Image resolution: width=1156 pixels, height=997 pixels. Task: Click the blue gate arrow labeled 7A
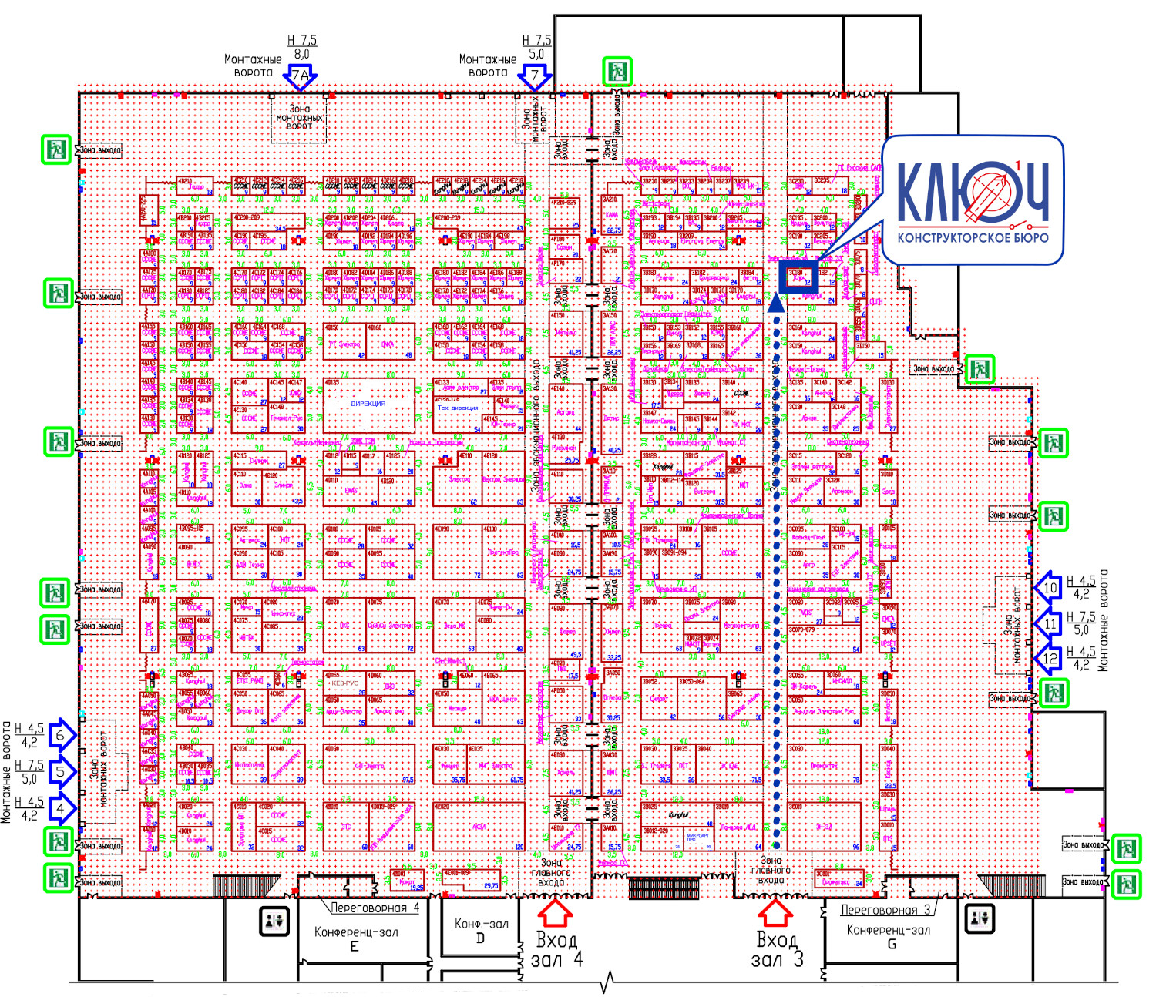pyautogui.click(x=300, y=76)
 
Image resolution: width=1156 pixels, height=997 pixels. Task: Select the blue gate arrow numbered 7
pyautogui.click(x=535, y=76)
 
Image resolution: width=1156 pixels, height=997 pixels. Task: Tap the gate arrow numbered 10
pyautogui.click(x=1049, y=588)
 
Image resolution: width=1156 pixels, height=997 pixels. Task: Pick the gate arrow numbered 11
pyautogui.click(x=1049, y=623)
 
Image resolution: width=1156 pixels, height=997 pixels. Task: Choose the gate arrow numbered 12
pyautogui.click(x=1049, y=659)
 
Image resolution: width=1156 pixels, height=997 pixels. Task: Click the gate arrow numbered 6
pyautogui.click(x=62, y=734)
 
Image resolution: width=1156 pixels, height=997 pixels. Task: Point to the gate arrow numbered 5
pyautogui.click(x=62, y=771)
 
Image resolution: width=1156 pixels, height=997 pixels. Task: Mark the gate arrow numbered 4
pyautogui.click(x=62, y=808)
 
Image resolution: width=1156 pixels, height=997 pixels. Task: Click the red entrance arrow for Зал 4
pyautogui.click(x=554, y=913)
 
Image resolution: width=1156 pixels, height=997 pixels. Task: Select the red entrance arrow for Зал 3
pyautogui.click(x=775, y=913)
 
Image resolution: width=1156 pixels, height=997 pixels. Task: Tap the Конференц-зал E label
pyautogui.click(x=356, y=938)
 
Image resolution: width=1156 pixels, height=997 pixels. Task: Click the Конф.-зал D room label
pyautogui.click(x=481, y=931)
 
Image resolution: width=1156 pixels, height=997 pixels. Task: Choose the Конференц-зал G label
pyautogui.click(x=888, y=936)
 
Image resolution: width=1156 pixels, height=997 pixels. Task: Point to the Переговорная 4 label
pyautogui.click(x=375, y=908)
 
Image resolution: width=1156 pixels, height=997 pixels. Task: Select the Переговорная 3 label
pyautogui.click(x=885, y=910)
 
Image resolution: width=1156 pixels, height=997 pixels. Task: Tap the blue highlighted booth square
pyautogui.click(x=798, y=276)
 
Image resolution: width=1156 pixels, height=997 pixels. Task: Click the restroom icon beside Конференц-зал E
pyautogui.click(x=274, y=920)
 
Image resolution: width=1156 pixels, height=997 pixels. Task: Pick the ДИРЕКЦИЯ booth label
pyautogui.click(x=368, y=404)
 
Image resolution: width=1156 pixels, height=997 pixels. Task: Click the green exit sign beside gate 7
pyautogui.click(x=617, y=72)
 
